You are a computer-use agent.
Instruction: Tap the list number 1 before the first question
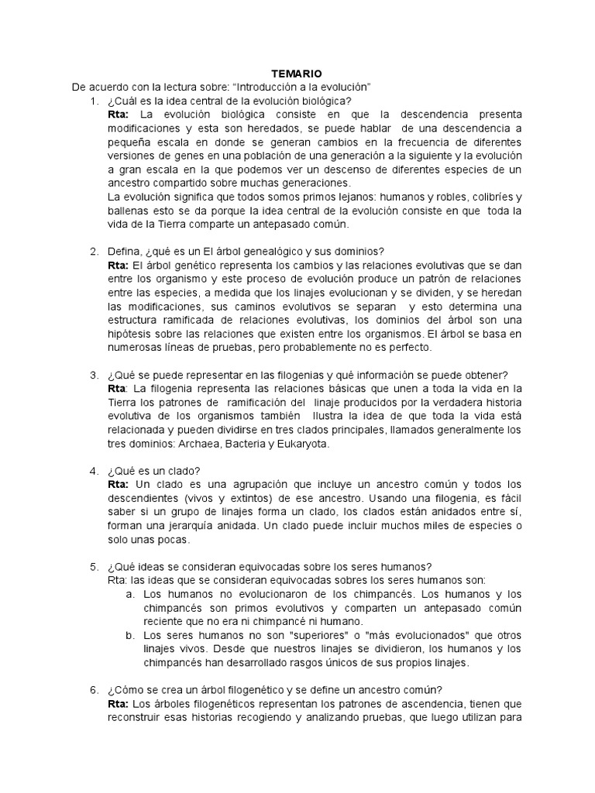point(93,101)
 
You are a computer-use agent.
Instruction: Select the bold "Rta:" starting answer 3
point(118,388)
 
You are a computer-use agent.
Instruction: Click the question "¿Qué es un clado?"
point(155,471)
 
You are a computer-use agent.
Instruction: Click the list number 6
point(93,690)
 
